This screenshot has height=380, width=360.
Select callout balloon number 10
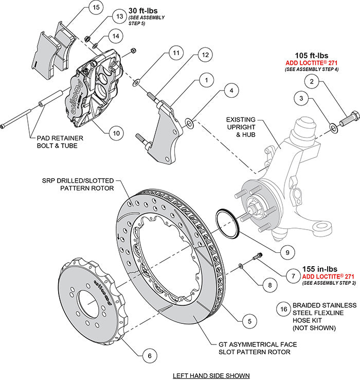click(116, 133)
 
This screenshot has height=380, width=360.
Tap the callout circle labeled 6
click(148, 355)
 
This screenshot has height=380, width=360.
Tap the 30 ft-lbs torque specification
click(137, 9)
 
